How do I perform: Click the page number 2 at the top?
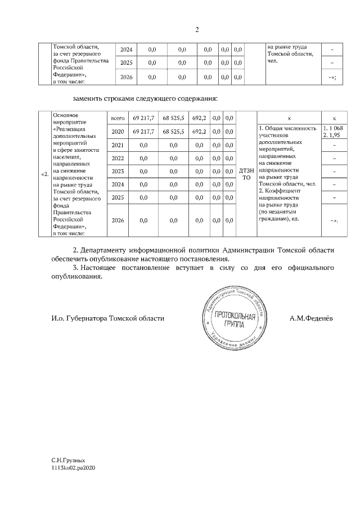click(197, 30)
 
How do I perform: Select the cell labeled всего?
click(118, 118)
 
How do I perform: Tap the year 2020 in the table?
click(118, 132)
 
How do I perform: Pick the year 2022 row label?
click(118, 158)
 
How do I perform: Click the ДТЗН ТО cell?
click(246, 174)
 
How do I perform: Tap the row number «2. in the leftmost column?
click(44, 174)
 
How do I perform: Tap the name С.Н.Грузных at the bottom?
click(69, 460)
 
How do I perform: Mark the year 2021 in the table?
click(118, 145)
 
